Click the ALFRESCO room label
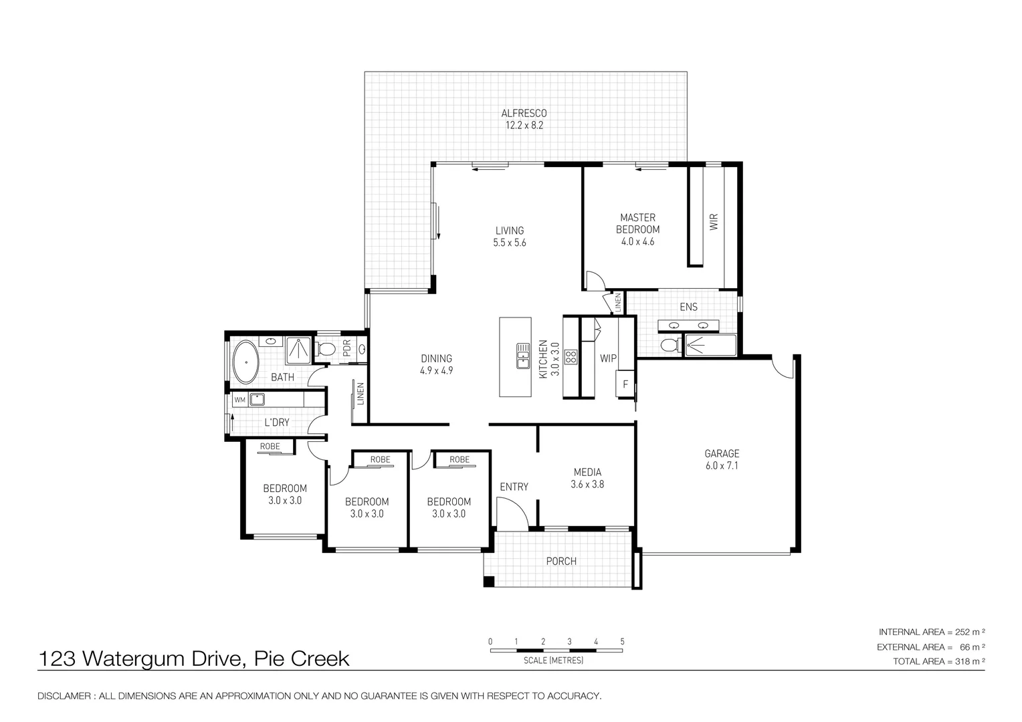coord(524,113)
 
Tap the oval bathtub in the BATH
coord(246,362)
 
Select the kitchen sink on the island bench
coord(523,356)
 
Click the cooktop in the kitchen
coord(571,357)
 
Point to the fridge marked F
coord(625,384)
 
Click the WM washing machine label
coord(240,400)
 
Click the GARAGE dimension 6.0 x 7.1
coord(722,466)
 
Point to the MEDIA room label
coord(588,472)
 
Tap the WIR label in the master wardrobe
coord(714,222)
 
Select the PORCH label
coord(561,561)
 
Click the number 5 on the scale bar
coord(622,641)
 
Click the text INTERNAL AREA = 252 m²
coord(932,632)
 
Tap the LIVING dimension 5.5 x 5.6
coord(510,243)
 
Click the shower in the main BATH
coord(298,350)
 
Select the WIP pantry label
coord(608,358)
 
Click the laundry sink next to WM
coord(257,400)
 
